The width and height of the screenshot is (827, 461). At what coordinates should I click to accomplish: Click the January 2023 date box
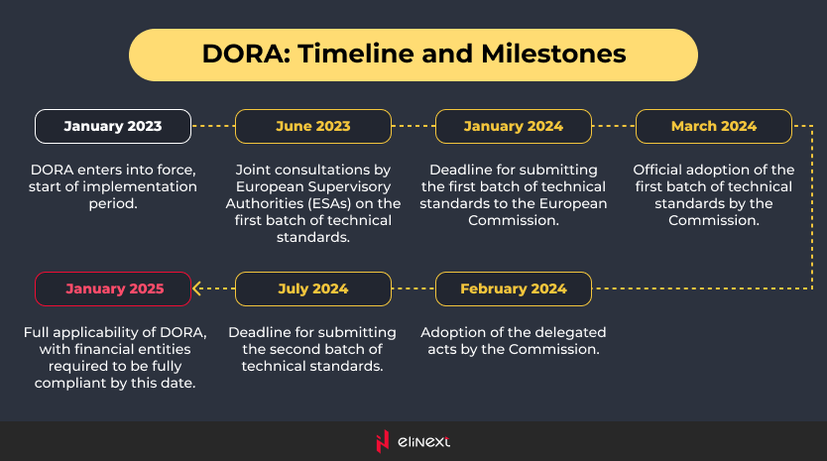tap(113, 127)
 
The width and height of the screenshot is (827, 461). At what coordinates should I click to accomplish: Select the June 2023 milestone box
tap(313, 127)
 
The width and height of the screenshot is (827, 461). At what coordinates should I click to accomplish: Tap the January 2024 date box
tap(514, 127)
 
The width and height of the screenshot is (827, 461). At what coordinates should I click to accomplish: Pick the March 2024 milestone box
tap(714, 127)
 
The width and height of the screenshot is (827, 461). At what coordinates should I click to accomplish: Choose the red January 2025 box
tap(113, 289)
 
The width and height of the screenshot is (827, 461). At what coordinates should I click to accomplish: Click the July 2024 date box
tap(313, 289)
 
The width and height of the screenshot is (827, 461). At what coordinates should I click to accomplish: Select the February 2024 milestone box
tap(514, 289)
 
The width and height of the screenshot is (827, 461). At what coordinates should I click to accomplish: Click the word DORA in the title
tap(246, 54)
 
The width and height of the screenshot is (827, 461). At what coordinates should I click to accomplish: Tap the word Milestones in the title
tap(553, 54)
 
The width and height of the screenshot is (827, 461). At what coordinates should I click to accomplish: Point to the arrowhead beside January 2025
tap(196, 288)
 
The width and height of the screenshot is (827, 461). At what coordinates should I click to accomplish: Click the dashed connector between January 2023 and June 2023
tap(213, 126)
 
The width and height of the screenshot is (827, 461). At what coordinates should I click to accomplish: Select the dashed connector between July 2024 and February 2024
tap(413, 288)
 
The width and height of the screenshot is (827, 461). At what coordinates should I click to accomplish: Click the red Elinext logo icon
tap(383, 441)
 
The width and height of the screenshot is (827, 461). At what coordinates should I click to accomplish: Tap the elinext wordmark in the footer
tap(424, 441)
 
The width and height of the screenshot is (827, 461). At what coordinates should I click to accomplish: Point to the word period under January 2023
tap(113, 203)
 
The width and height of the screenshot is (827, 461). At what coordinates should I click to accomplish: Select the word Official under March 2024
tap(655, 170)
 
